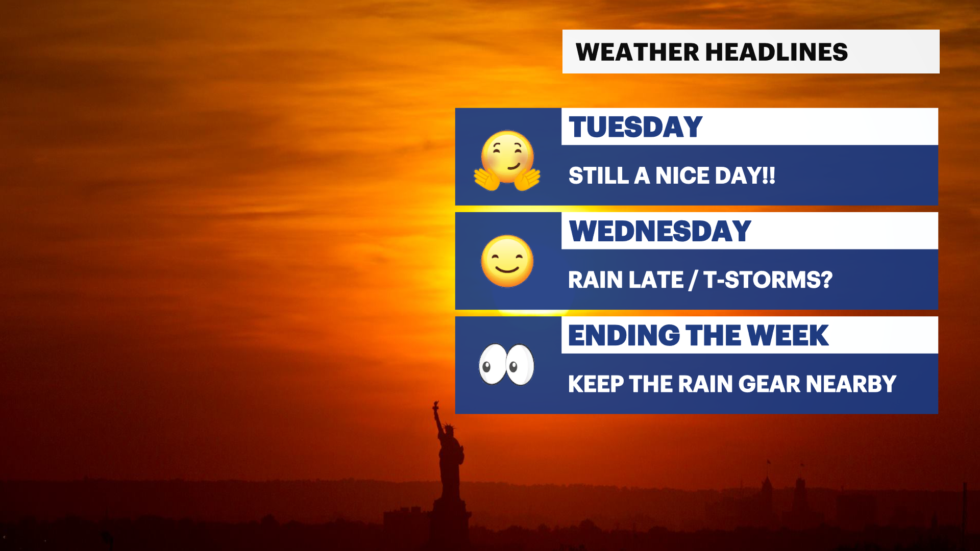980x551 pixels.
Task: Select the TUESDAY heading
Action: click(x=635, y=127)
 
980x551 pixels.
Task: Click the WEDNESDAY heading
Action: click(x=660, y=231)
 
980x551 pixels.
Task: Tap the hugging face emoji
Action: click(x=507, y=160)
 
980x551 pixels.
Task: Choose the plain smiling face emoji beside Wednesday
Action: click(x=507, y=261)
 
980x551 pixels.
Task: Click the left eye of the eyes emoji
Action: click(x=492, y=364)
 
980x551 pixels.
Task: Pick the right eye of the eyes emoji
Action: click(x=520, y=365)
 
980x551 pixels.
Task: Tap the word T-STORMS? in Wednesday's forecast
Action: click(x=768, y=280)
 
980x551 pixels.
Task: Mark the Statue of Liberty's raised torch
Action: click(x=435, y=407)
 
